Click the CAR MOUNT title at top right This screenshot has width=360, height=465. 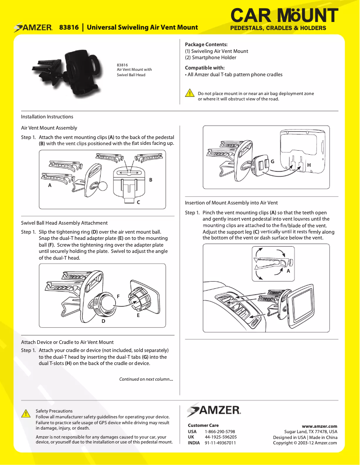click(284, 16)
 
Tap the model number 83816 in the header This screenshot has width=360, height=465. click(69, 28)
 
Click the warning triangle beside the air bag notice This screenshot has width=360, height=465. click(190, 93)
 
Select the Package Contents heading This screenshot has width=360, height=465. click(206, 44)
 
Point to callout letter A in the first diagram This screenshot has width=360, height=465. click(49, 185)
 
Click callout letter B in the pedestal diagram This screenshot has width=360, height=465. click(151, 180)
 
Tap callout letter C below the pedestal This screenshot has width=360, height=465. click(139, 202)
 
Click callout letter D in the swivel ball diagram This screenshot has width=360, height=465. click(103, 321)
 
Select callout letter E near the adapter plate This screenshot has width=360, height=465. click(138, 315)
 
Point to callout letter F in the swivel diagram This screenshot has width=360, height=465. click(119, 296)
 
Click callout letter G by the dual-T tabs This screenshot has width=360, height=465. click(272, 161)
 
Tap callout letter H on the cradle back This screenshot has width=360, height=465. click(309, 165)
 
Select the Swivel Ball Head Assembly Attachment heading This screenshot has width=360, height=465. click(64, 223)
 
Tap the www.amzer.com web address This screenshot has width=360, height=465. click(319, 426)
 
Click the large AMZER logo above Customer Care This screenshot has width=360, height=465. click(214, 409)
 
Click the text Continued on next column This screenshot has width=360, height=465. click(146, 379)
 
